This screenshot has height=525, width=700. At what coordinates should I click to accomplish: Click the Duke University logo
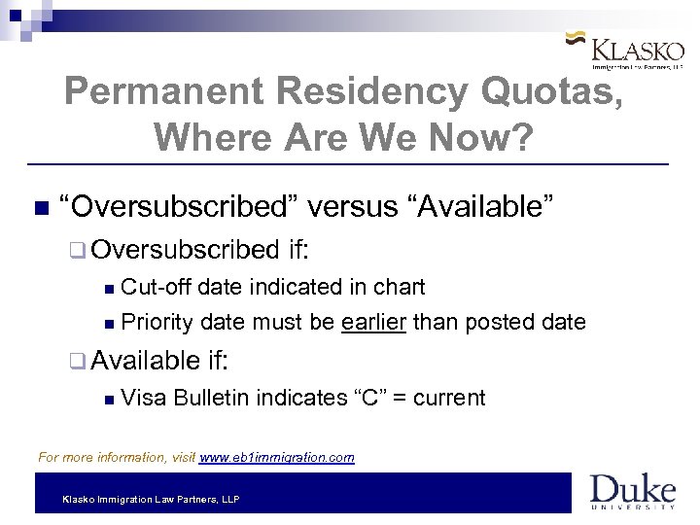(x=632, y=492)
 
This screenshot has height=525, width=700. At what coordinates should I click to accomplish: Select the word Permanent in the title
(x=163, y=92)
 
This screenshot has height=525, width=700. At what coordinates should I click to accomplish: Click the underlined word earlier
(x=375, y=322)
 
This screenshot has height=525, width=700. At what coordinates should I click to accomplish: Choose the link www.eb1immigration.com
(x=276, y=457)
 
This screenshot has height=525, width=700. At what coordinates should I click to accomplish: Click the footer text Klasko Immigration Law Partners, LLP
(x=151, y=499)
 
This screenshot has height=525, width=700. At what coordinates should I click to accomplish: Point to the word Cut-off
(x=155, y=287)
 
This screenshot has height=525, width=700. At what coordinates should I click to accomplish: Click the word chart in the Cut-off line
(x=402, y=287)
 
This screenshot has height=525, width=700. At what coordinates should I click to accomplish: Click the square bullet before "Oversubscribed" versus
(x=39, y=208)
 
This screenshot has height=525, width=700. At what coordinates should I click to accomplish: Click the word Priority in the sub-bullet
(x=157, y=322)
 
